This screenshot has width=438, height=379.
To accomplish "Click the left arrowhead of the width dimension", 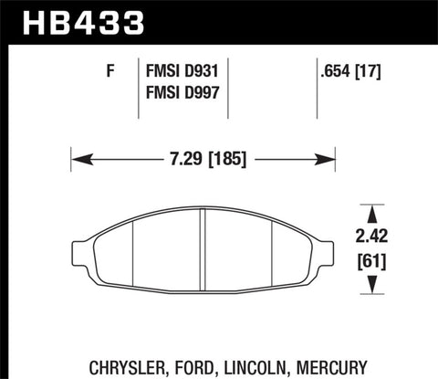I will (x=78, y=159).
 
